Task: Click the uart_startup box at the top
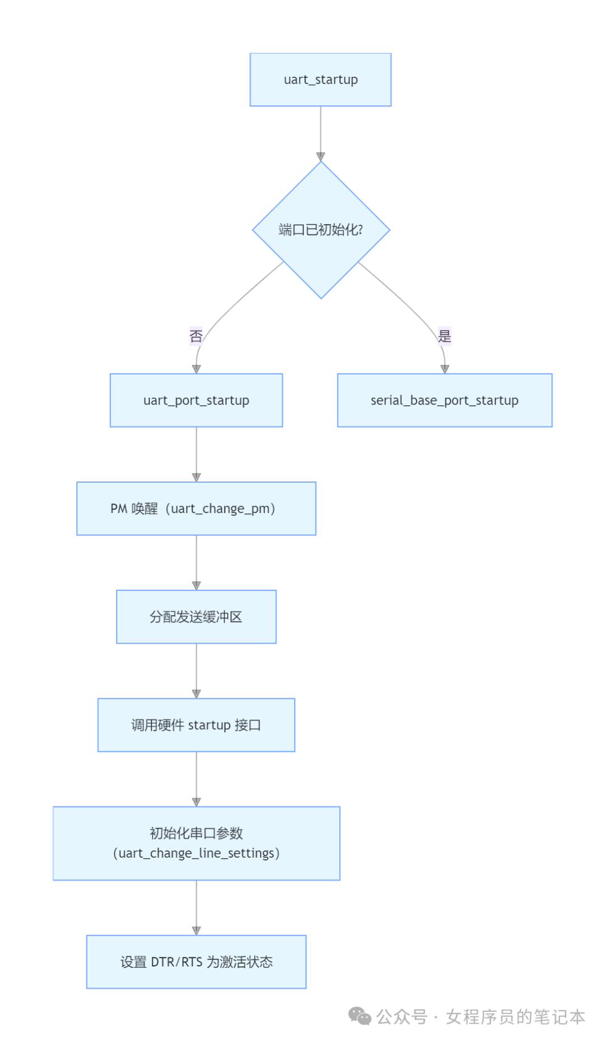(320, 80)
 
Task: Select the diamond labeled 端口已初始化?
(320, 230)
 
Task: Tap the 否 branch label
(196, 336)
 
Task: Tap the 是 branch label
(444, 336)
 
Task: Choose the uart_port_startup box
(196, 400)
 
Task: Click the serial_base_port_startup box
(444, 400)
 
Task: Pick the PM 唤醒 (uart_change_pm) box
(196, 508)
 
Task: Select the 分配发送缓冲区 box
(196, 617)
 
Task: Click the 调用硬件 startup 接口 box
(196, 725)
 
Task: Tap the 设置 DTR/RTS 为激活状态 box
(196, 962)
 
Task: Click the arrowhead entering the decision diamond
(320, 157)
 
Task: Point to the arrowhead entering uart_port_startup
(196, 369)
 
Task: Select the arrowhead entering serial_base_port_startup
(445, 369)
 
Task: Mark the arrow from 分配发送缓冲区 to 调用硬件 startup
(196, 670)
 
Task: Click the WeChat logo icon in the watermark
(359, 1016)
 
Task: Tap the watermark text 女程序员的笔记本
(515, 1016)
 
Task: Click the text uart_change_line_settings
(196, 853)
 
